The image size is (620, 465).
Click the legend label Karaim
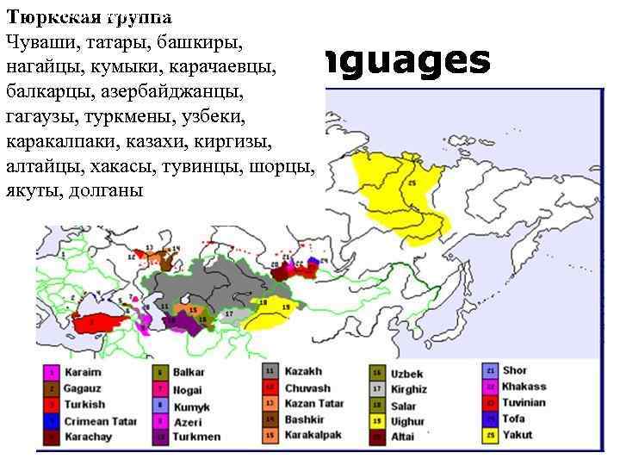point(81,372)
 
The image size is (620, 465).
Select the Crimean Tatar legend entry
point(98,421)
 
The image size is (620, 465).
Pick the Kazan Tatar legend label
point(314,404)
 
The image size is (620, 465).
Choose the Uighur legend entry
point(408,421)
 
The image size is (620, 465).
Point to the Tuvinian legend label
point(523,403)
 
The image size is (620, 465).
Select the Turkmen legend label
point(196,437)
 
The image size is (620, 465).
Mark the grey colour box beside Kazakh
point(270,372)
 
